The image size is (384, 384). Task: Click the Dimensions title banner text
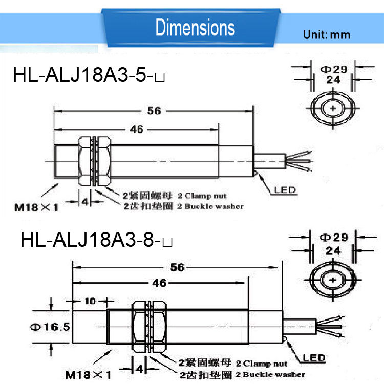click(x=195, y=28)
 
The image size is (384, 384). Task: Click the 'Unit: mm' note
click(x=327, y=34)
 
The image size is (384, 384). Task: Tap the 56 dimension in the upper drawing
click(x=154, y=111)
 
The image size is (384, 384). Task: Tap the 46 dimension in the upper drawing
click(x=136, y=130)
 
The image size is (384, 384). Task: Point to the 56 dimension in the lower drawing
click(x=177, y=267)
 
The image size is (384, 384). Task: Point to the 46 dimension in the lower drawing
click(x=159, y=283)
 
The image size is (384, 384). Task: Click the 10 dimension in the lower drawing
click(x=90, y=301)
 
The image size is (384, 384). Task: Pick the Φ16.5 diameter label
click(x=50, y=327)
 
